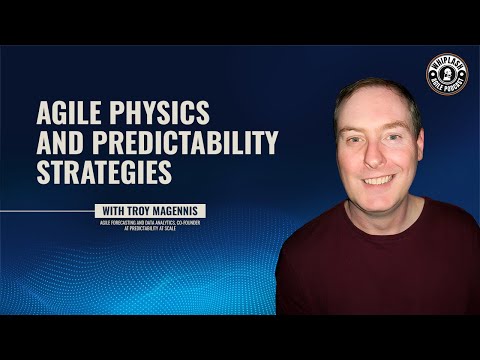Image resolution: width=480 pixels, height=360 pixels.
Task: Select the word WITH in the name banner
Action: (116, 210)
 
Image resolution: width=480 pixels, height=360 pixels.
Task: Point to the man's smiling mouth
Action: (377, 181)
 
